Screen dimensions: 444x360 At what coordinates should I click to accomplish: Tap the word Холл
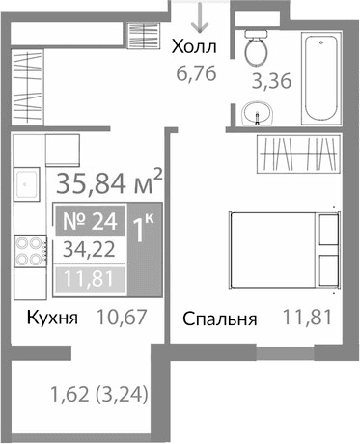pos(194,45)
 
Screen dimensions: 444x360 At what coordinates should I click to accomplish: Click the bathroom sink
pos(258,115)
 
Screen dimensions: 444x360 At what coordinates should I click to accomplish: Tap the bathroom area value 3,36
pos(272,82)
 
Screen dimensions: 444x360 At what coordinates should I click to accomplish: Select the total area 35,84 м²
pos(109,182)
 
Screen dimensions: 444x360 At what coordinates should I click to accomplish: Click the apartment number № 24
pos(95,221)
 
